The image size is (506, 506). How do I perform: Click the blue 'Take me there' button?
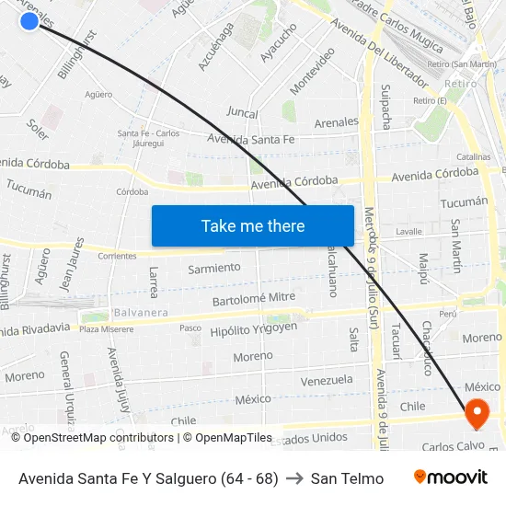pyautogui.click(x=253, y=225)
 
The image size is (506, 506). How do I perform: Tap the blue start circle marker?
pyautogui.click(x=29, y=20)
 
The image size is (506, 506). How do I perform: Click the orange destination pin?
pyautogui.click(x=477, y=413)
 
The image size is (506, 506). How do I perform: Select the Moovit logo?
pyautogui.click(x=451, y=477)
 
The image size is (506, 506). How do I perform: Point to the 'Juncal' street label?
pyautogui.click(x=242, y=113)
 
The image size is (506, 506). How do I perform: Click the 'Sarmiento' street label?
pyautogui.click(x=214, y=268)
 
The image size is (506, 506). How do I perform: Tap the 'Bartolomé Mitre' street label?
pyautogui.click(x=254, y=298)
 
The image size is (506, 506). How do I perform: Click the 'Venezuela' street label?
pyautogui.click(x=327, y=380)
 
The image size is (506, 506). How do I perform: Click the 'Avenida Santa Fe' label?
pyautogui.click(x=251, y=140)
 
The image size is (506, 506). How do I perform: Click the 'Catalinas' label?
pyautogui.click(x=473, y=157)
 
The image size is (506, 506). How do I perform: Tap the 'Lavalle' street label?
pyautogui.click(x=408, y=232)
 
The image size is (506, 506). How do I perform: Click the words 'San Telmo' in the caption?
pyautogui.click(x=347, y=478)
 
